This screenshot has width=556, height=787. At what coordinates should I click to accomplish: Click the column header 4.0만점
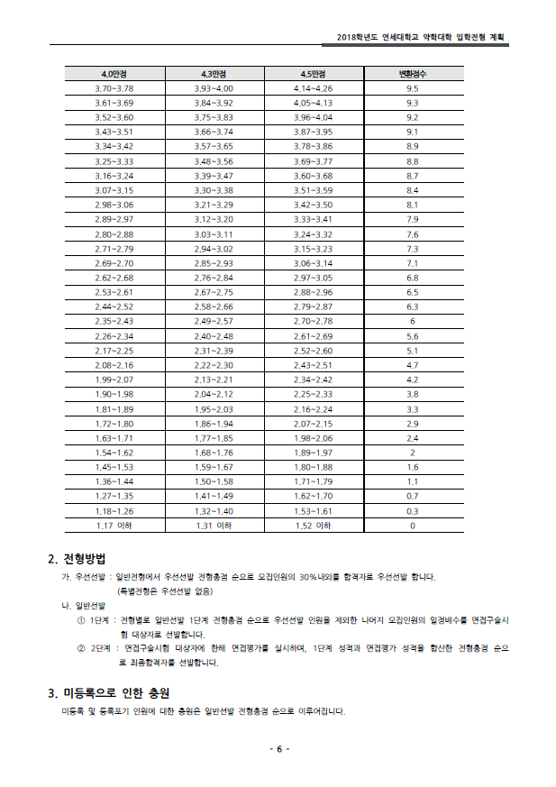click(114, 73)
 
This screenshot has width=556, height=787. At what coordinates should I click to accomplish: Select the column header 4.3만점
click(214, 73)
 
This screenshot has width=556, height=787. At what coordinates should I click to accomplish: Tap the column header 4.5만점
click(313, 73)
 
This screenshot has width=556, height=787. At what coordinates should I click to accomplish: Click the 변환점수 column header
click(413, 73)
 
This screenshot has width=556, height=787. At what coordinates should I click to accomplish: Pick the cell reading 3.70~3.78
click(114, 88)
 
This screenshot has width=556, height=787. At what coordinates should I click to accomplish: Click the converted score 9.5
click(413, 88)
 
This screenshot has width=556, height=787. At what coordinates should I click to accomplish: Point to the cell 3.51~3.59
click(313, 190)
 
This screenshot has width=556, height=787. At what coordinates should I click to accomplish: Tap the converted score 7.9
click(413, 219)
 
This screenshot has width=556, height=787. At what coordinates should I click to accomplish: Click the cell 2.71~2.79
click(114, 248)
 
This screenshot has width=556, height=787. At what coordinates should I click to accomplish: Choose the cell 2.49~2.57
click(214, 321)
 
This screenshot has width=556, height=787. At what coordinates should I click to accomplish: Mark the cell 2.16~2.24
click(313, 408)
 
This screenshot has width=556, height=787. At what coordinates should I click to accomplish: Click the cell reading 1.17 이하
click(114, 525)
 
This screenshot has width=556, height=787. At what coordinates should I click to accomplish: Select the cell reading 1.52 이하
click(313, 525)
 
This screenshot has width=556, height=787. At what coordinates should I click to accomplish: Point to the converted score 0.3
click(413, 510)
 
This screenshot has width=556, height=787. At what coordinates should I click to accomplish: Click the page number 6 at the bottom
click(278, 750)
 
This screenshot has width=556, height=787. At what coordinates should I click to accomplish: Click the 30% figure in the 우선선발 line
click(307, 577)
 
